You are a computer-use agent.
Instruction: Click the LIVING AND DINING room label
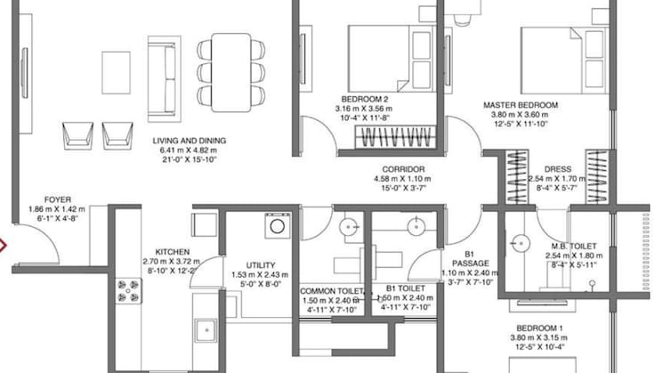coord(189,141)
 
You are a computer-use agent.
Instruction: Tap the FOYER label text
coord(58,199)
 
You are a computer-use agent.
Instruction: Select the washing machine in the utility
coord(278,226)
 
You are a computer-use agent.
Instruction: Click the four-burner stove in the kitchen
coord(128,290)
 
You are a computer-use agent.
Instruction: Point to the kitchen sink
coord(206,330)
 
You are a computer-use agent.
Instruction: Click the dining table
coord(230,73)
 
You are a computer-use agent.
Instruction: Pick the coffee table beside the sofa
coord(116,73)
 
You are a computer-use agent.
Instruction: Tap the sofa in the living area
coord(164,79)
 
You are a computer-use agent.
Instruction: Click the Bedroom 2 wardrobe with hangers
coord(395,137)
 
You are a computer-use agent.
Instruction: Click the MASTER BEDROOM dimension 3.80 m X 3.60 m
coord(520,115)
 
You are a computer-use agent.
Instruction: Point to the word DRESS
coord(558,169)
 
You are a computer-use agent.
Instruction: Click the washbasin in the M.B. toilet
coord(520,244)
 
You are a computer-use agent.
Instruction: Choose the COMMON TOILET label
coord(332,291)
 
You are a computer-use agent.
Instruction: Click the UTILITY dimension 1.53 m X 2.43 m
coord(260,275)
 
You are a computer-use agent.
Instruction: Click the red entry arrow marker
coord(3,246)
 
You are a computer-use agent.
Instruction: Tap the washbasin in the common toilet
coord(349,227)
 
